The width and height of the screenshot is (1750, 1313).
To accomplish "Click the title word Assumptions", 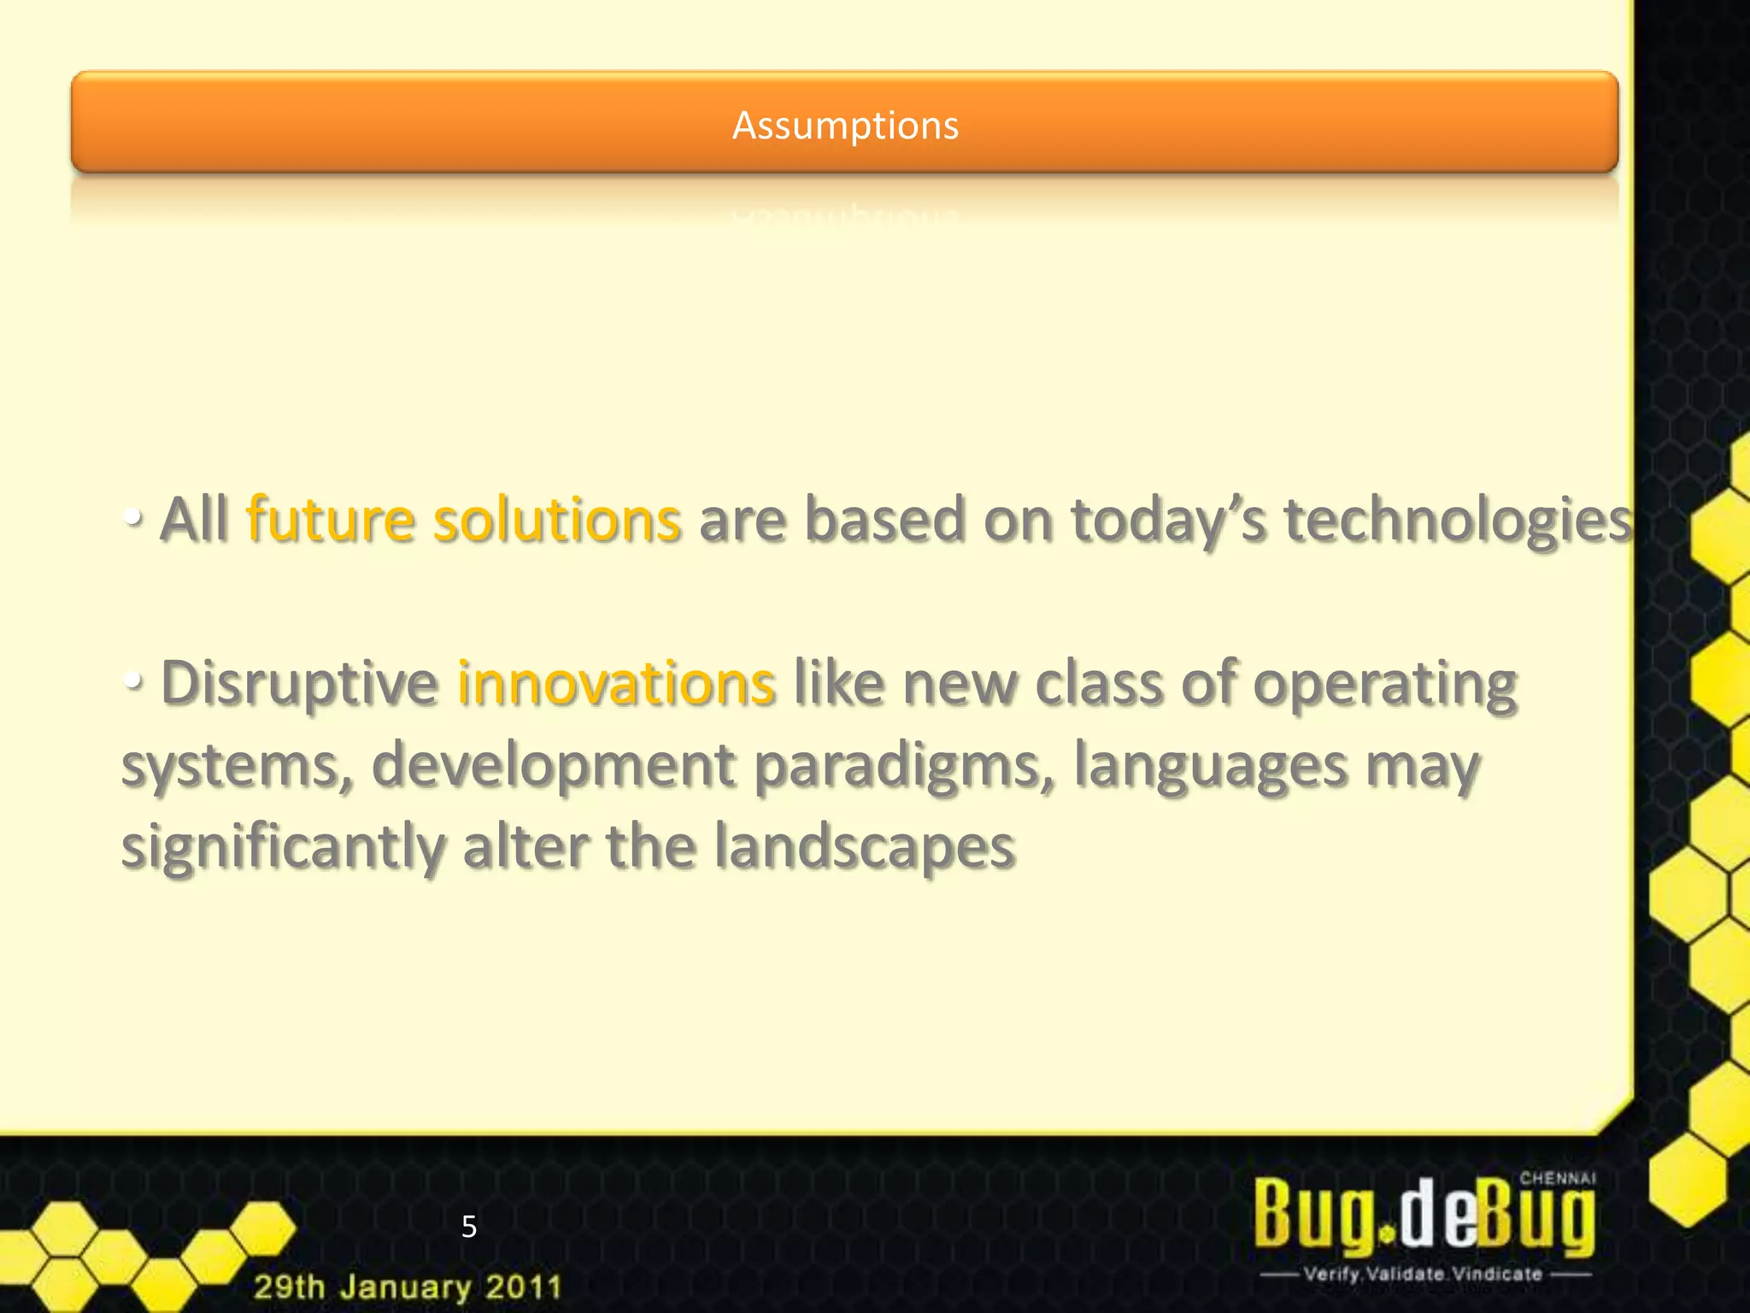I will [845, 126].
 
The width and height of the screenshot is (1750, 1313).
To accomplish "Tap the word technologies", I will [1458, 521].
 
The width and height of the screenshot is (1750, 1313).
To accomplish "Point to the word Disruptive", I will [299, 684].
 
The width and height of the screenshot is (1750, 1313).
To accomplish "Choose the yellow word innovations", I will [616, 684].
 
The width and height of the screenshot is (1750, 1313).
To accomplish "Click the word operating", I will [1385, 686].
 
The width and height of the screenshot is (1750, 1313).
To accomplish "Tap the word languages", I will [1210, 766].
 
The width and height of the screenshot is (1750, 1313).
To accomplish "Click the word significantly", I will [283, 847].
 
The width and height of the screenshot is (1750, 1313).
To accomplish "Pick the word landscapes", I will [864, 847].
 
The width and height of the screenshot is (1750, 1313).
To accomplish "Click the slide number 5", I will [468, 1227].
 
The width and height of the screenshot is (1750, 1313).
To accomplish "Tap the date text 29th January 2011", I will [408, 1287].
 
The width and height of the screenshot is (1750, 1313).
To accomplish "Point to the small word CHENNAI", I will [1557, 1178].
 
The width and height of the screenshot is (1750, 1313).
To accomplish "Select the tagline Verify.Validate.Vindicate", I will [1423, 1274].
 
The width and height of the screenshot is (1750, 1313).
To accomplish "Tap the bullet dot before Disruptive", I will [132, 681].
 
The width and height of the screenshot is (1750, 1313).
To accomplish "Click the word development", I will [554, 766].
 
